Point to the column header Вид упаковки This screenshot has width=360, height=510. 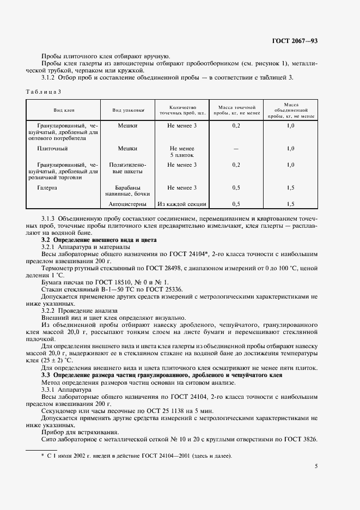[x=128, y=110]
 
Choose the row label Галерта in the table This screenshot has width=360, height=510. [x=47, y=188]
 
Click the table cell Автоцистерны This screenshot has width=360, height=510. [x=127, y=204]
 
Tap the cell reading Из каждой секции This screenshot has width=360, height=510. [x=182, y=204]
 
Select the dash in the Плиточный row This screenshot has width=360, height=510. [x=236, y=148]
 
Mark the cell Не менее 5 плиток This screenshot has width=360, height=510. [x=182, y=151]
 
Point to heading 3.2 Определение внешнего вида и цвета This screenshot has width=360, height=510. [x=99, y=240]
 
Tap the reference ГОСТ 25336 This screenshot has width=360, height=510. [x=163, y=289]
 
